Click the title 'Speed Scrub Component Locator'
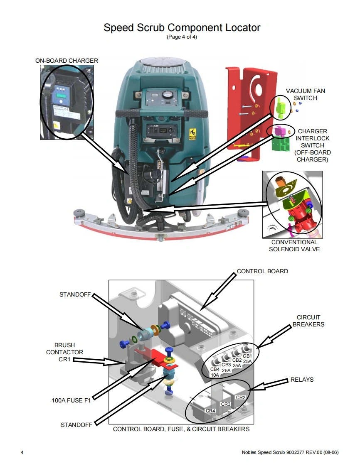coord(182,28)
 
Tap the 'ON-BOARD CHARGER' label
coord(67,61)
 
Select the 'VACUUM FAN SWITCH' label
coord(305,94)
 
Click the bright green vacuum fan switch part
coord(280,105)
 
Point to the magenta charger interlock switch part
coord(277,131)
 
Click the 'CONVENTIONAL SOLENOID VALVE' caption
coord(294,245)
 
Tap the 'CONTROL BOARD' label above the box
coord(262,271)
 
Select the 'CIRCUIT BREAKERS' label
coord(308,321)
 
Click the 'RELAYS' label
coord(302,380)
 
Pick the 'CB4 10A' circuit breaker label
coord(215,372)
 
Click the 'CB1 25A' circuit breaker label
coord(247,358)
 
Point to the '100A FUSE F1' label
coord(69,401)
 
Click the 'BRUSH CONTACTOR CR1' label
coord(64,352)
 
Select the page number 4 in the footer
coord(22,452)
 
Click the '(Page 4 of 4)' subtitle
coord(182,37)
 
